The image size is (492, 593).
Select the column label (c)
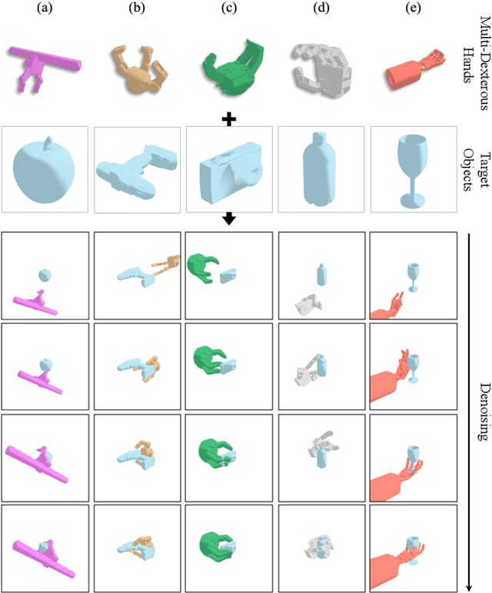tap(228, 8)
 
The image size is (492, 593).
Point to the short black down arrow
tap(228, 219)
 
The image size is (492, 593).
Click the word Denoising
tap(482, 411)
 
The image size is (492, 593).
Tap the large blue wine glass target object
tap(413, 163)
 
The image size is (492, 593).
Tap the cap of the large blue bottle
tap(318, 138)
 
